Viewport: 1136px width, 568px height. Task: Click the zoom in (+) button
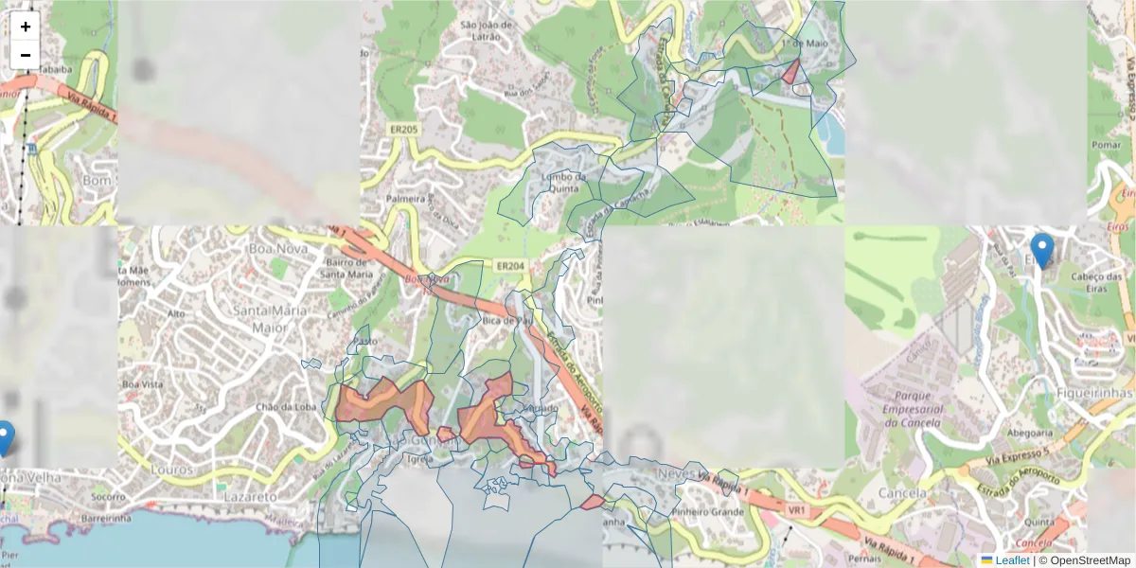tap(26, 27)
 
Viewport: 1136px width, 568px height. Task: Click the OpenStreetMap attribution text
tap(1084, 560)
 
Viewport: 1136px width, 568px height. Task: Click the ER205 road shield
tap(403, 130)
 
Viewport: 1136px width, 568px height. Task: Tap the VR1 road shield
tap(796, 510)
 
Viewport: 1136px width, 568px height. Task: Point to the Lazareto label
tap(251, 495)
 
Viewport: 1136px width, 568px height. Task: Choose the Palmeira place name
tap(406, 200)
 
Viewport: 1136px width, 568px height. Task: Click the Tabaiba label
tap(55, 68)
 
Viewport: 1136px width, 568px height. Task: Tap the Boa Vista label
tap(143, 384)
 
